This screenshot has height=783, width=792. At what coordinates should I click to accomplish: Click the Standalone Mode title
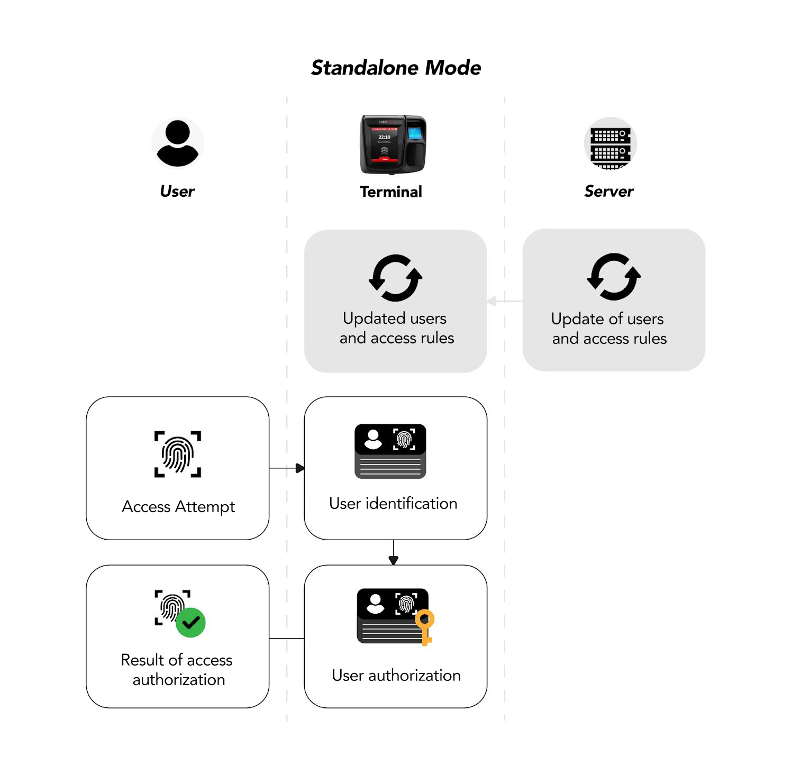(x=396, y=68)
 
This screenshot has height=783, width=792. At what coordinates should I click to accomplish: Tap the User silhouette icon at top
(x=177, y=143)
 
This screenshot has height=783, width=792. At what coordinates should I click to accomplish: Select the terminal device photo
(x=393, y=144)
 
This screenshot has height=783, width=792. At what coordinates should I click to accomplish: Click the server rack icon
(x=610, y=143)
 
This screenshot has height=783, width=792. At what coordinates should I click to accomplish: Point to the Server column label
(x=608, y=191)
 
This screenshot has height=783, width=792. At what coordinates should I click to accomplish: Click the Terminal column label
(x=391, y=192)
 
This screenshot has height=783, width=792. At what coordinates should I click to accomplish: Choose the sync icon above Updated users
(x=395, y=278)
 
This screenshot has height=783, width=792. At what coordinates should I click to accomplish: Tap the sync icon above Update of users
(x=614, y=277)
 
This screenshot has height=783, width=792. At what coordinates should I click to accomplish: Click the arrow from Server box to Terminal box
(x=505, y=301)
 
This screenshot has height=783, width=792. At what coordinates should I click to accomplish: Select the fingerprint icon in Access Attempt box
(x=178, y=454)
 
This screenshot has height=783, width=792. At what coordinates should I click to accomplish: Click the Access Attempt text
(x=178, y=506)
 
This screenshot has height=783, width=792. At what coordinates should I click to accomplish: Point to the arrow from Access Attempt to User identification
(x=287, y=468)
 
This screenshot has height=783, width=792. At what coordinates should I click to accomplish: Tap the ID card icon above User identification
(x=390, y=451)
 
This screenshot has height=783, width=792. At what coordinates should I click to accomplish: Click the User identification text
(x=393, y=503)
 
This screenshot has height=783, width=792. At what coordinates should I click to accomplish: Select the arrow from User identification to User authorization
(x=393, y=552)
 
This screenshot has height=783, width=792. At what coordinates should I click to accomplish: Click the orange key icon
(x=424, y=627)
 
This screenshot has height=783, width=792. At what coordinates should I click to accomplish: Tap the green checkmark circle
(x=190, y=623)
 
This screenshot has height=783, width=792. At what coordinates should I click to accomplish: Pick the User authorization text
(x=396, y=675)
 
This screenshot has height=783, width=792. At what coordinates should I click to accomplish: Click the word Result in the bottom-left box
(x=142, y=660)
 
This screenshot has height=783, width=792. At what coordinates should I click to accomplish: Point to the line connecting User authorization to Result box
(x=287, y=639)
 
